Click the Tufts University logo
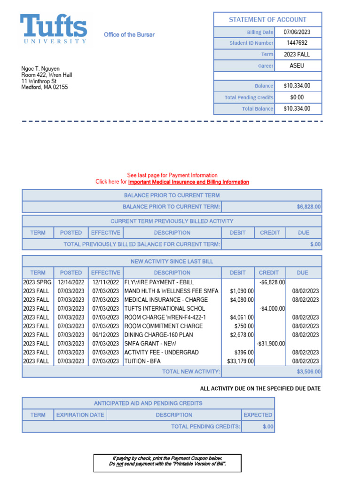point(53,29)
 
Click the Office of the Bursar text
point(129,35)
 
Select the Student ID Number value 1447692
point(297,43)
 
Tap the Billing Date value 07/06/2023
point(297,32)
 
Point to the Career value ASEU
point(297,65)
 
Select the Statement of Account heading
point(267,20)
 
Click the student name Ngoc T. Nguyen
point(40,69)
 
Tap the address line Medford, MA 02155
point(45,87)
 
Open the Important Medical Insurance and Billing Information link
point(188,182)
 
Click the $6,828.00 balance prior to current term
point(309,207)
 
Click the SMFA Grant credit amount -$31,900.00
point(271,344)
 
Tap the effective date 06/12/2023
point(105,335)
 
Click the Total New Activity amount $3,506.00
point(309,372)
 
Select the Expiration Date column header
point(80,415)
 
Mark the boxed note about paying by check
point(167,463)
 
